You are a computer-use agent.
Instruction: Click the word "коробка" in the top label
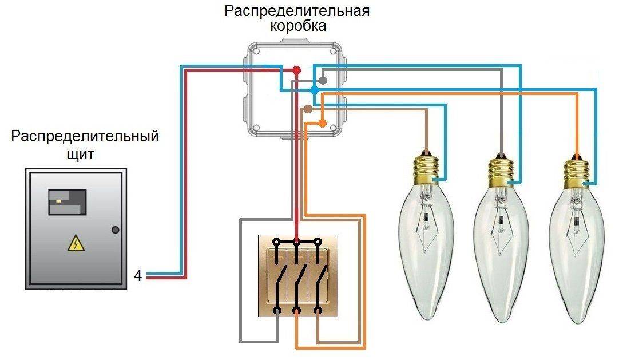pyautogui.click(x=297, y=26)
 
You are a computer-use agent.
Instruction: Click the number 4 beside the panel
pyautogui.click(x=138, y=275)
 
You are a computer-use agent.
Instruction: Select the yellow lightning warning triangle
pyautogui.click(x=76, y=244)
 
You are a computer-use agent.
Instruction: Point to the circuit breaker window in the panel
pyautogui.click(x=67, y=201)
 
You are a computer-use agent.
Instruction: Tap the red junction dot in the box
pyautogui.click(x=296, y=70)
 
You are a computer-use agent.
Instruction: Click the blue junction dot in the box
pyautogui.click(x=314, y=90)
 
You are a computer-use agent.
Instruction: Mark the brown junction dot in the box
pyautogui.click(x=308, y=109)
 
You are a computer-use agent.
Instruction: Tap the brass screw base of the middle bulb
pyautogui.click(x=501, y=170)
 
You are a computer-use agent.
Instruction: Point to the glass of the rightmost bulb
pyautogui.click(x=576, y=252)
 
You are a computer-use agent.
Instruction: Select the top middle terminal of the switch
pyautogui.click(x=296, y=242)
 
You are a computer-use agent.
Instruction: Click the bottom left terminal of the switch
pyautogui.click(x=277, y=311)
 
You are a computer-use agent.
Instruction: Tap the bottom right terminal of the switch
pyautogui.click(x=318, y=311)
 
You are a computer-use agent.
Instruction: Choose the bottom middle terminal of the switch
pyautogui.click(x=297, y=311)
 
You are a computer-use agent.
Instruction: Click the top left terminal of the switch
pyautogui.click(x=277, y=242)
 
